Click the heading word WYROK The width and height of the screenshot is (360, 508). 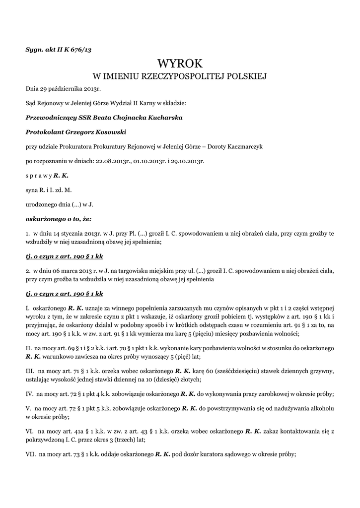[180, 63]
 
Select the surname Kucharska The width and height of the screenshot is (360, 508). [162, 118]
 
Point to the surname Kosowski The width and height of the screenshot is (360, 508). [108, 132]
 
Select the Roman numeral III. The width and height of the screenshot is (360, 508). [30, 371]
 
